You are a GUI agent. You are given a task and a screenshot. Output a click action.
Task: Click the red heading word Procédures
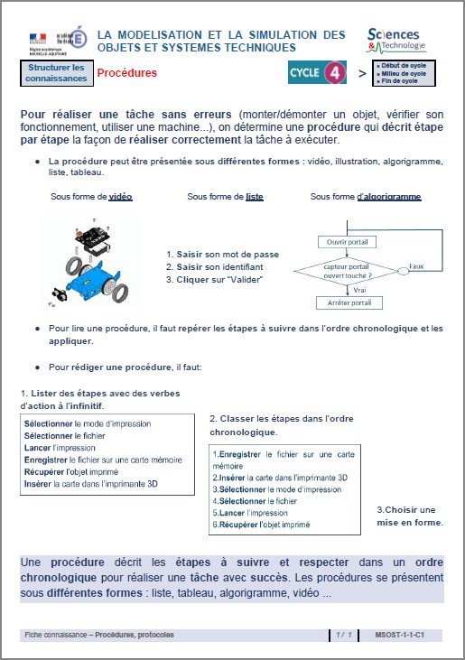[126, 73]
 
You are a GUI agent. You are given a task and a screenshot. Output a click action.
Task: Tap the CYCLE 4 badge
[317, 73]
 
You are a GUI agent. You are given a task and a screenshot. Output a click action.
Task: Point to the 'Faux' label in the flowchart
[416, 266]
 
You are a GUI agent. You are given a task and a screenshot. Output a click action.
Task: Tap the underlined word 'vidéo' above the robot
[120, 197]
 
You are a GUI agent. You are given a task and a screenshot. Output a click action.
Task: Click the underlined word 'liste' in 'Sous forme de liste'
[254, 197]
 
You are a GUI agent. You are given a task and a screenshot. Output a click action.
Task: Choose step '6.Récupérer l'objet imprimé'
[260, 525]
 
